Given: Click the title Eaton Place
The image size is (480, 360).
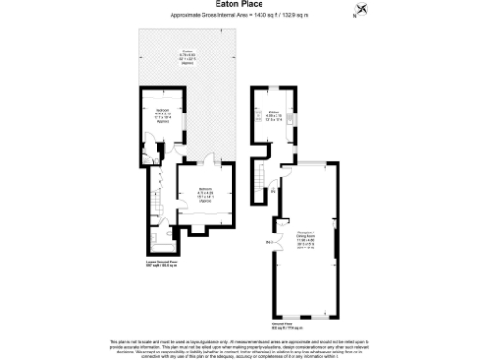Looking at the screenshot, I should (x=239, y=5).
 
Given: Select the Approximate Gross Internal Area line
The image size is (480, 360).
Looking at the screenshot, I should (x=239, y=16).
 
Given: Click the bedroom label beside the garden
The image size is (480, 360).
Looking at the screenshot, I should (x=162, y=114).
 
